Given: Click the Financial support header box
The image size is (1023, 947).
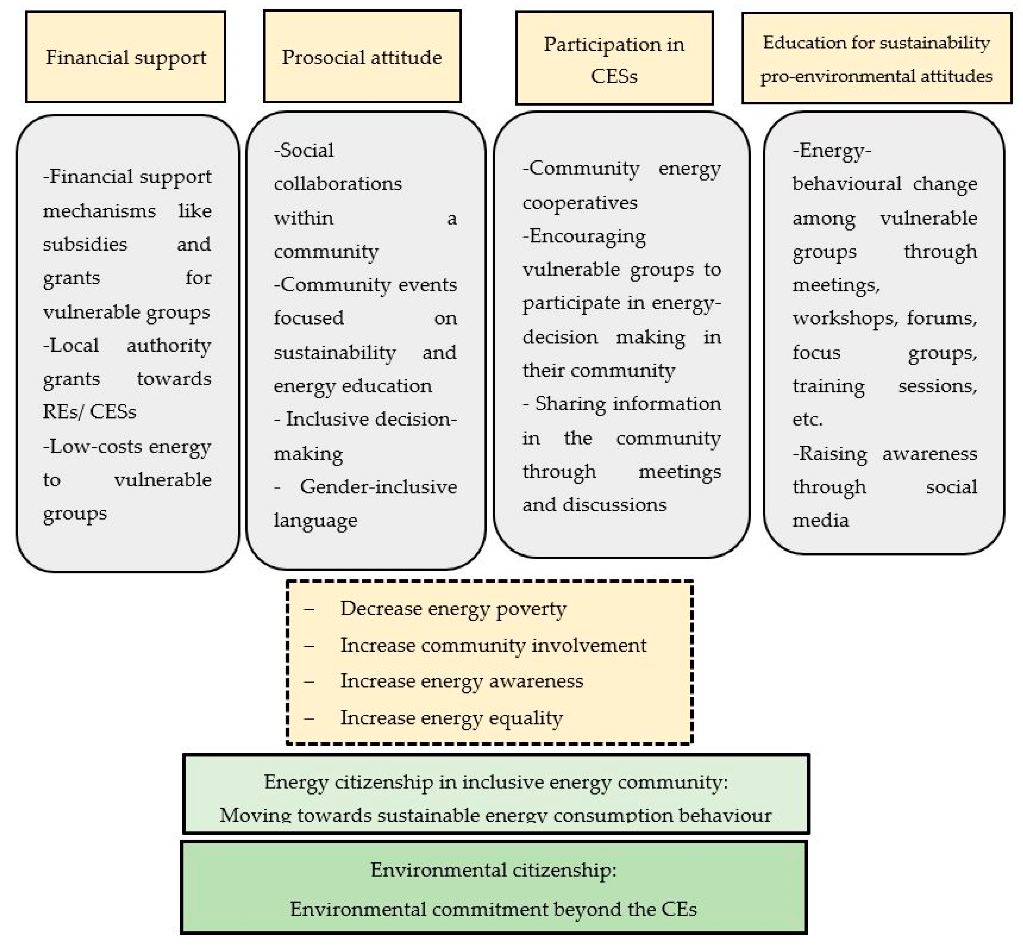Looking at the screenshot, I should [126, 57].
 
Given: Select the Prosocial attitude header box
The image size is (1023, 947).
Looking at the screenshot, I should [362, 57].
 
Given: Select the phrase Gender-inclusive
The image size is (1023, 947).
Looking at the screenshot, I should [378, 487].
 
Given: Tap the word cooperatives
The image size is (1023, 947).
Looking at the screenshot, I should [580, 202].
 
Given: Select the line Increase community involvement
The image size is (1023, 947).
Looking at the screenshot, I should [493, 645].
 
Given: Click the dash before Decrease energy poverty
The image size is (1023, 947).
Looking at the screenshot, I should [309, 609].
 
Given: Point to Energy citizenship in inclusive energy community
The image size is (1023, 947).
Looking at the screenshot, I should [495, 783].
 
